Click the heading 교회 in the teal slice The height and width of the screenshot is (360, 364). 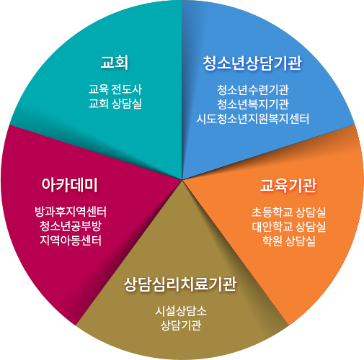point(115,62)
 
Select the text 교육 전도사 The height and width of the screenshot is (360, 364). point(115,89)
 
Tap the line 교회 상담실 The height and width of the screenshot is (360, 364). point(115,104)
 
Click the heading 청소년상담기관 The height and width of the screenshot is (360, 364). point(252,63)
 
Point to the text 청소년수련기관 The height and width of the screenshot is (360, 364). point(253,90)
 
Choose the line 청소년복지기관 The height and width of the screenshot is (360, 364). point(253,104)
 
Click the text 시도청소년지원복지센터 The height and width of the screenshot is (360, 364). point(253,119)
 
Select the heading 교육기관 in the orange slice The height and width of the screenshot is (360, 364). point(288,186)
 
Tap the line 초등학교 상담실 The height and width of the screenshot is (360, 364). point(289,212)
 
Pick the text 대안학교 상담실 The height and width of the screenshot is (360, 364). point(289,227)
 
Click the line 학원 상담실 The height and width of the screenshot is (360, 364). point(289,241)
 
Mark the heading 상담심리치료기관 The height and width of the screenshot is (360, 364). point(180,284)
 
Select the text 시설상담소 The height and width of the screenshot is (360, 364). point(181,311)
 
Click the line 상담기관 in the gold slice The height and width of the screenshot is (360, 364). point(181,325)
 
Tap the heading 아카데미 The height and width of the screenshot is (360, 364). point(70,185)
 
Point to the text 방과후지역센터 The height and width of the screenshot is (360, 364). point(71,212)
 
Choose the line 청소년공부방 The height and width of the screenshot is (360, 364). point(71,226)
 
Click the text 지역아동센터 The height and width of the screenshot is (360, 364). point(71,240)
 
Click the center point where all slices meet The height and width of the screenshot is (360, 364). point(182,179)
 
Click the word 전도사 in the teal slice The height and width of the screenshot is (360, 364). point(127,89)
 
